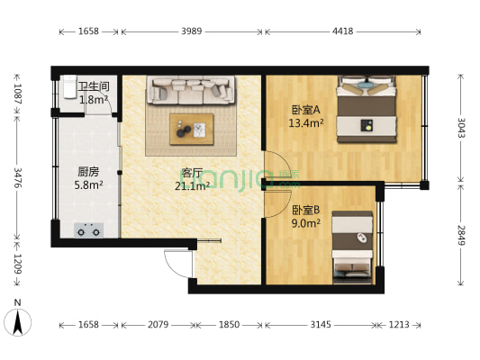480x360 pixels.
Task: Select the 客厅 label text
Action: [191, 174]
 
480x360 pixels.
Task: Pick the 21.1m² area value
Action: [192, 186]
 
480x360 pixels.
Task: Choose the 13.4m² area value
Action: [306, 124]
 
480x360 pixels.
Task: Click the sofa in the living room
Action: [192, 92]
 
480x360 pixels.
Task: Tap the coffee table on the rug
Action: [192, 129]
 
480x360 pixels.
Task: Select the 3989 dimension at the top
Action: [192, 32]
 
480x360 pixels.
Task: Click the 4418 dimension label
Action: [343, 32]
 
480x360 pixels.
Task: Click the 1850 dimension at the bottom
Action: [229, 324]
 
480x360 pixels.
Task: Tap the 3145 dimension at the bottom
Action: [320, 324]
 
